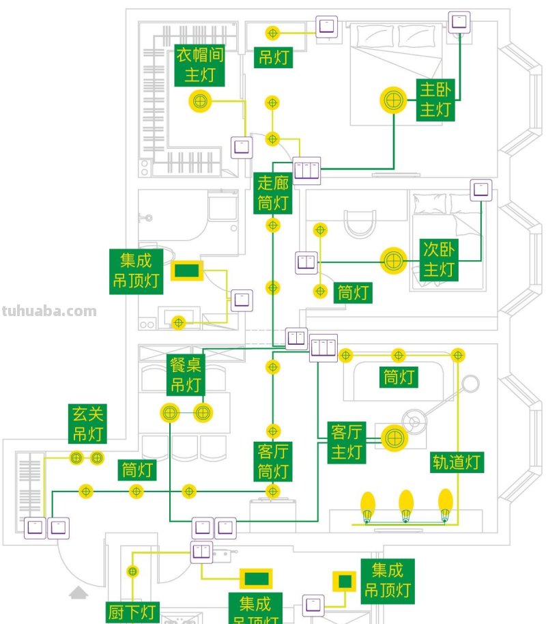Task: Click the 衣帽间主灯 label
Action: pyautogui.click(x=200, y=66)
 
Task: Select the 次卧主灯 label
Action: pyautogui.click(x=439, y=259)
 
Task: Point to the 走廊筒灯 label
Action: pyautogui.click(x=274, y=193)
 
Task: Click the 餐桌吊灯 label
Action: pyautogui.click(x=186, y=375)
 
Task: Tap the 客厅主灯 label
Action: pyautogui.click(x=347, y=442)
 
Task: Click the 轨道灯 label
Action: pyautogui.click(x=457, y=462)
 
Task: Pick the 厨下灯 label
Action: pyautogui.click(x=133, y=612)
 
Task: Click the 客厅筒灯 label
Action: pyautogui.click(x=274, y=462)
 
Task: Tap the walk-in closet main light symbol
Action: pyautogui.click(x=200, y=101)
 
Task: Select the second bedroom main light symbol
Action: pyautogui.click(x=392, y=260)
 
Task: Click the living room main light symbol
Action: pyautogui.click(x=392, y=438)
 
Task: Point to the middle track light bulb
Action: pyautogui.click(x=406, y=506)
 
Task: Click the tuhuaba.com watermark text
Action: pyautogui.click(x=49, y=311)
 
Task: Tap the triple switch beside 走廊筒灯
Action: pyautogui.click(x=306, y=169)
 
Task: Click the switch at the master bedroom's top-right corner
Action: pyautogui.click(x=459, y=22)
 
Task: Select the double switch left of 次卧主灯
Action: pyautogui.click(x=306, y=263)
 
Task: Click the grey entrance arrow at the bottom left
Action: pyautogui.click(x=78, y=593)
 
